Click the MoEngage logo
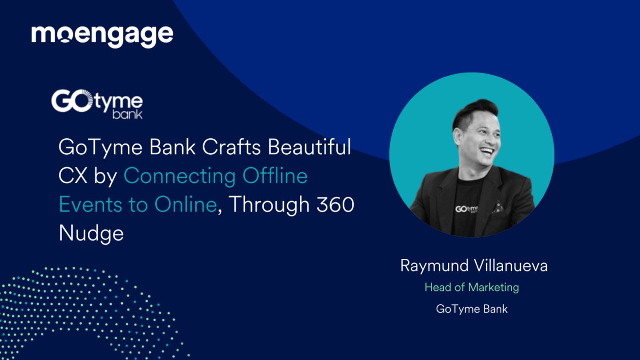(x=102, y=35)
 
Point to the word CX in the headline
(x=72, y=176)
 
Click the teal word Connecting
(x=180, y=176)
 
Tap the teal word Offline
(x=275, y=176)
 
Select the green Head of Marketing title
(x=472, y=287)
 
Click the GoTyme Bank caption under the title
(x=472, y=309)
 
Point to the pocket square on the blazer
(x=497, y=207)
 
